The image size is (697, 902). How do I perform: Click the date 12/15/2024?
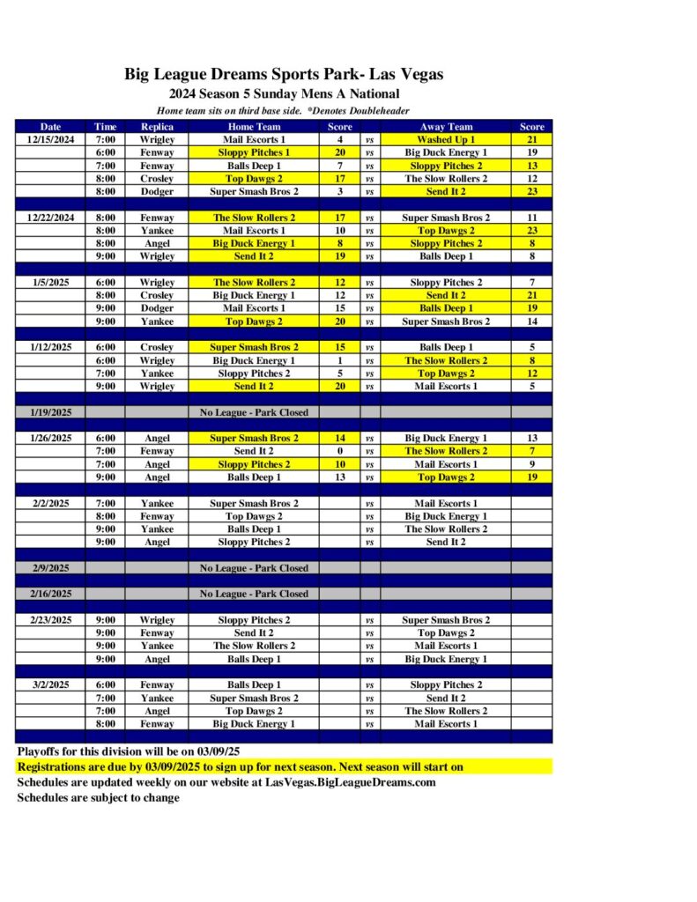coord(50,139)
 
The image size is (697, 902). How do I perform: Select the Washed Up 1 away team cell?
coord(446,139)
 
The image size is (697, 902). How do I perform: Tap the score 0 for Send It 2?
coord(339,451)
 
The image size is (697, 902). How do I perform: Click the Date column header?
coord(50,126)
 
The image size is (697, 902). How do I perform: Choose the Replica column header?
coord(157,126)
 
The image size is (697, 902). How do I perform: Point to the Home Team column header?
coord(253,126)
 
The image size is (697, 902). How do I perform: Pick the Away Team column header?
coord(446,126)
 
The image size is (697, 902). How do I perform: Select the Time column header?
coord(105,126)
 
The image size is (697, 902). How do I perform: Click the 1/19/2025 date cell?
coord(50,412)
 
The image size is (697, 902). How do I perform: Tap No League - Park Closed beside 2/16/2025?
coord(254,594)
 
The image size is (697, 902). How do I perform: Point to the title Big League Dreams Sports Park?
coord(283,75)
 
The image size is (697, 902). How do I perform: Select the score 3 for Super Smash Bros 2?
coord(339,191)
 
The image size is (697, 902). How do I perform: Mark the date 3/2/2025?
coord(50,684)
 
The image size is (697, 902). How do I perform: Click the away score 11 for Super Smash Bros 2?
coord(531,217)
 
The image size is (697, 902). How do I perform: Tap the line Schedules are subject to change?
coord(99,798)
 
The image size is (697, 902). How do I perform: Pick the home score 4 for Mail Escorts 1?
coord(339,139)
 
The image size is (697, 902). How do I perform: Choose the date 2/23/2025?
coord(50,620)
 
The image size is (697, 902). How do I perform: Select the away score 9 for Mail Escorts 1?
coord(531,464)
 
